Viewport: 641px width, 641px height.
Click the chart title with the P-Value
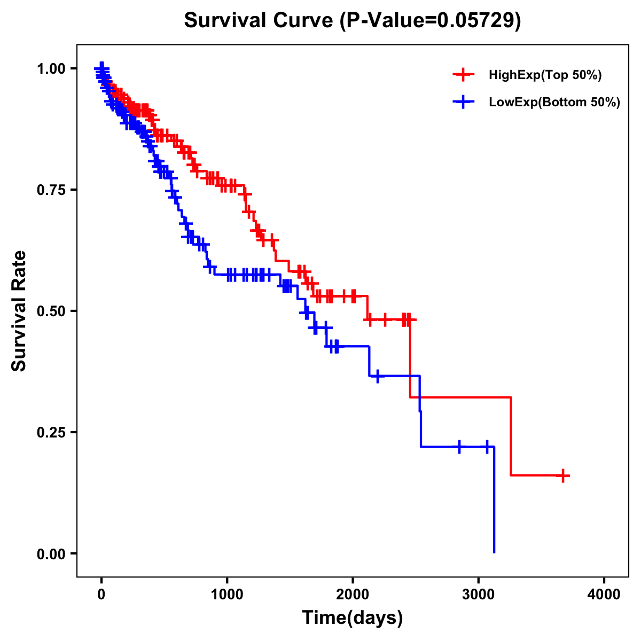(x=353, y=21)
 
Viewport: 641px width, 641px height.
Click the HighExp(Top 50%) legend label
(x=545, y=75)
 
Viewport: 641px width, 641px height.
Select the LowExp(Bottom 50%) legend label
(x=554, y=102)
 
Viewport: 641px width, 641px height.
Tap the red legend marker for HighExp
(x=463, y=75)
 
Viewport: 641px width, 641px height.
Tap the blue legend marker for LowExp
(x=463, y=101)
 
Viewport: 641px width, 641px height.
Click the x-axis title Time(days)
(x=353, y=618)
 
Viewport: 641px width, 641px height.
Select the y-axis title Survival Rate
(x=19, y=311)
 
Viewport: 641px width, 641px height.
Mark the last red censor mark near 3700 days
(x=563, y=475)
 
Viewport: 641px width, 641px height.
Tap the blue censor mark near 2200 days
(x=378, y=376)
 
